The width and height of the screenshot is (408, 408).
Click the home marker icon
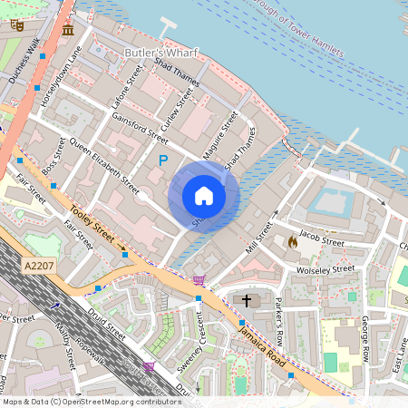[x=204, y=195]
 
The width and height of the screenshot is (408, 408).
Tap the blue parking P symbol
[x=163, y=160]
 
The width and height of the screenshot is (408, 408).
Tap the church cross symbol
[x=247, y=300]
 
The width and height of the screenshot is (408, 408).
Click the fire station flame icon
[x=291, y=242]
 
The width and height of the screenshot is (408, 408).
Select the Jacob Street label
[x=322, y=238]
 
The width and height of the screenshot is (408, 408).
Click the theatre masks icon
[x=15, y=24]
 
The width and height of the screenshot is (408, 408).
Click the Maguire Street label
[x=220, y=136]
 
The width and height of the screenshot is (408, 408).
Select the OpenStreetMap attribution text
[x=90, y=401]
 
